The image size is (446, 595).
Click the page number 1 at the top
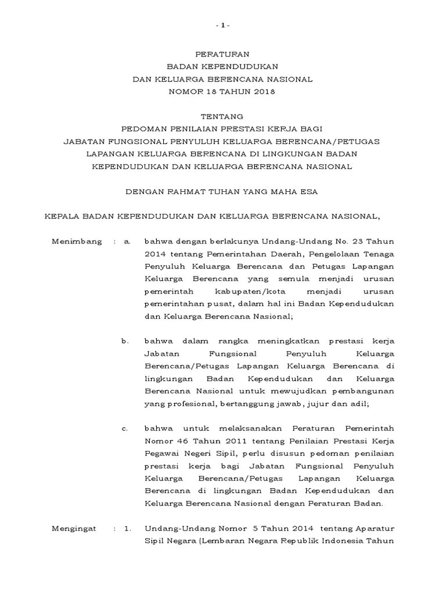[223, 26]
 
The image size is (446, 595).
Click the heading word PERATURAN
[222, 54]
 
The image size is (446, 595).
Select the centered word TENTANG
[222, 117]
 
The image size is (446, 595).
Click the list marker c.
[125, 428]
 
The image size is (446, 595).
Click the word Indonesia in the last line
[340, 541]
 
